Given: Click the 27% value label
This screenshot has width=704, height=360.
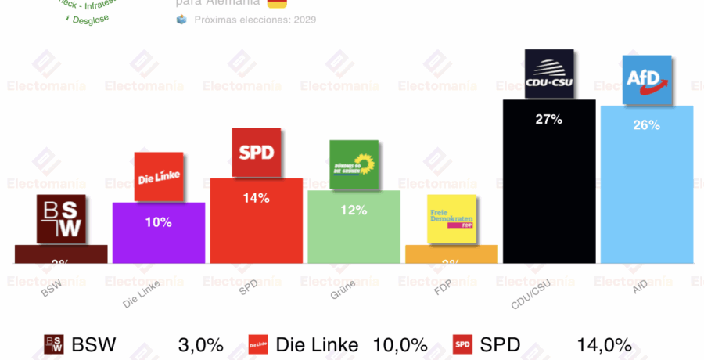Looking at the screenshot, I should (549, 119).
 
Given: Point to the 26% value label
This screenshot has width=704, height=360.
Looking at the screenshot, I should (647, 124).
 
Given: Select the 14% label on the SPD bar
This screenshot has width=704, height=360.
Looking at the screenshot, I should (256, 198).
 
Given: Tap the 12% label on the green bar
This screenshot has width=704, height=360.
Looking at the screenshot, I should (354, 210).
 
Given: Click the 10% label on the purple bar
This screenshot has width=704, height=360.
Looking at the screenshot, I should (159, 222).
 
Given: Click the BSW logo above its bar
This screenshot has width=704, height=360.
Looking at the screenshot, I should (61, 218).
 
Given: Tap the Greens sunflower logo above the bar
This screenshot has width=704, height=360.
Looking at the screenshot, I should (354, 164).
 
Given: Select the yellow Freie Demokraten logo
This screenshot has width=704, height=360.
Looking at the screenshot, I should (451, 218).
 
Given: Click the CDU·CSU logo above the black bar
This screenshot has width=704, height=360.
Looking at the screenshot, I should (549, 74).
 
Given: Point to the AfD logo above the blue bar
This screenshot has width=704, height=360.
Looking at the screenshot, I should (647, 79).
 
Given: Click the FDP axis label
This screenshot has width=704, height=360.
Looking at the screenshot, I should (443, 297).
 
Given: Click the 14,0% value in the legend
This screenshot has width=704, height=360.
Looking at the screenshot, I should (604, 344).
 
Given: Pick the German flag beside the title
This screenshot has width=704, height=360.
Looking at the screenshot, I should (276, 4).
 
